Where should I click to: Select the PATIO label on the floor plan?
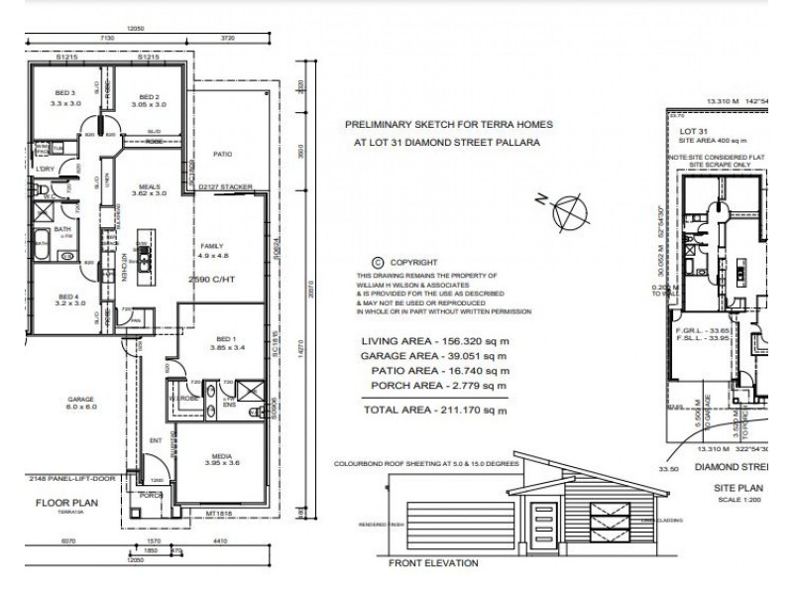coord(222,155)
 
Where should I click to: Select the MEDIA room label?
coord(219,458)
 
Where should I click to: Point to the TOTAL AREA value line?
coord(434,410)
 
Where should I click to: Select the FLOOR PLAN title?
coord(60,504)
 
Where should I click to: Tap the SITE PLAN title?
coord(738,489)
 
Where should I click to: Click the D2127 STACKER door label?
coord(225,185)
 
